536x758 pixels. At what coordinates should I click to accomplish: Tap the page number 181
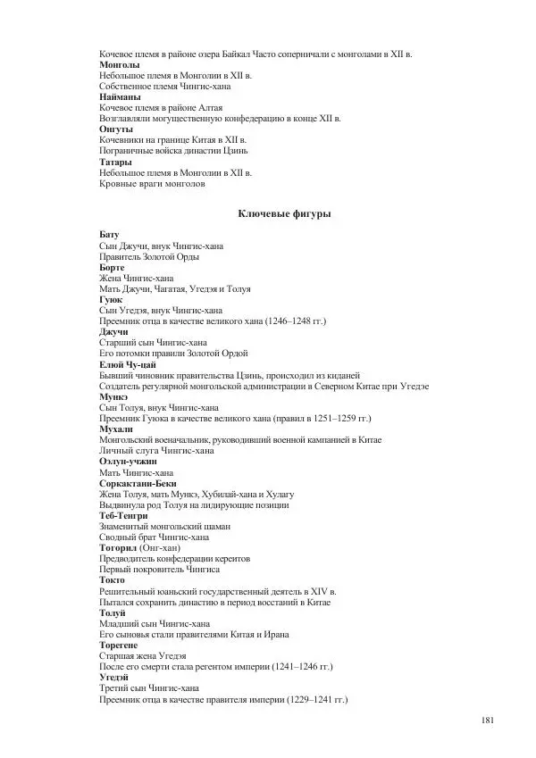pos(488,721)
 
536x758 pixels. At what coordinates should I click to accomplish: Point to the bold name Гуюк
pos(111,300)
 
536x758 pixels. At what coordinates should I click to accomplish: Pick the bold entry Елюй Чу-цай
pos(129,364)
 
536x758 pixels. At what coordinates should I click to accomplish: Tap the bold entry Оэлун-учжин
pos(128,462)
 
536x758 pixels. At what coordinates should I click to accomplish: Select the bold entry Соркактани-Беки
pos(136,483)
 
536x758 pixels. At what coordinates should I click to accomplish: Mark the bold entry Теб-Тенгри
pos(123,516)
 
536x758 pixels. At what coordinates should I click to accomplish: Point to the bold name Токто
pos(113,580)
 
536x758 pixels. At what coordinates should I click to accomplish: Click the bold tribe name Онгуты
pos(116,129)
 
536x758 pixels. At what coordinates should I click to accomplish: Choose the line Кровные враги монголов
pos(152,184)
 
